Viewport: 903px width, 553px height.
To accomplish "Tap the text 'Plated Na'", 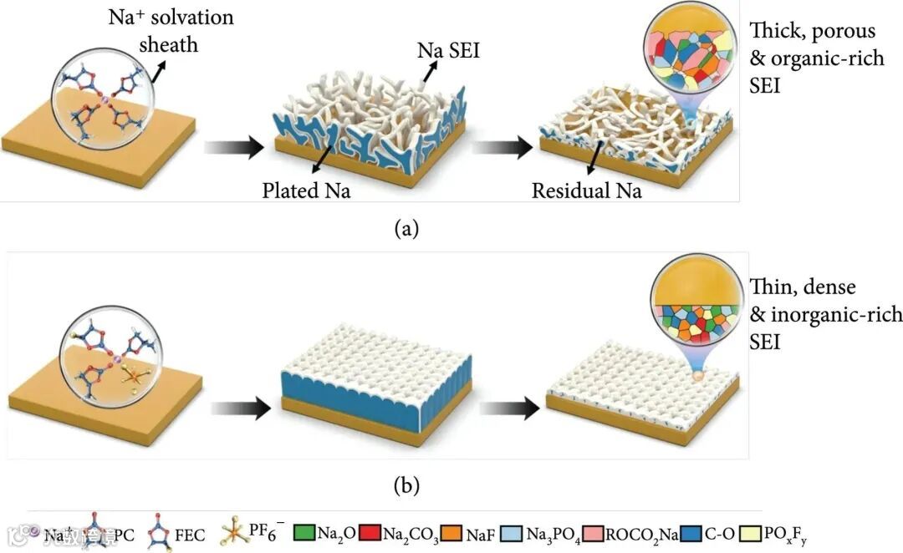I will [x=302, y=190].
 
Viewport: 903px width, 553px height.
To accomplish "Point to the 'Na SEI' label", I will [x=448, y=52].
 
